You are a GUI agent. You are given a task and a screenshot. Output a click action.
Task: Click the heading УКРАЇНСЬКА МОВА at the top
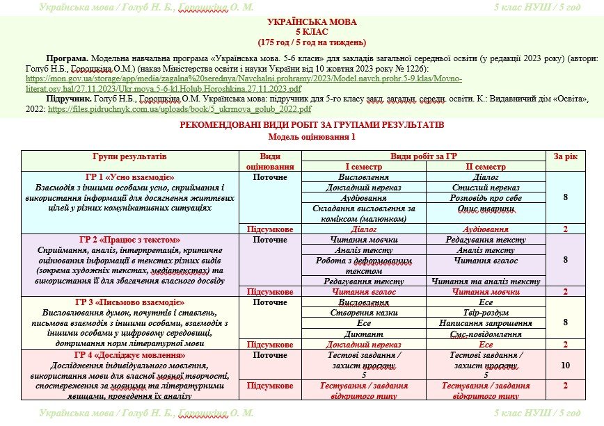coord(301,22)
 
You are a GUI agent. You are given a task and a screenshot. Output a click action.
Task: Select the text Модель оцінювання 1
coord(301,136)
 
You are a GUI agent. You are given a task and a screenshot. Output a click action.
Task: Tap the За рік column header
coord(565,156)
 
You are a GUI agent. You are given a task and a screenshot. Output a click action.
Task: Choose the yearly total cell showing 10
coord(565,365)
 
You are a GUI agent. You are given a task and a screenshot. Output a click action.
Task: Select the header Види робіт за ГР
coord(424,156)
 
